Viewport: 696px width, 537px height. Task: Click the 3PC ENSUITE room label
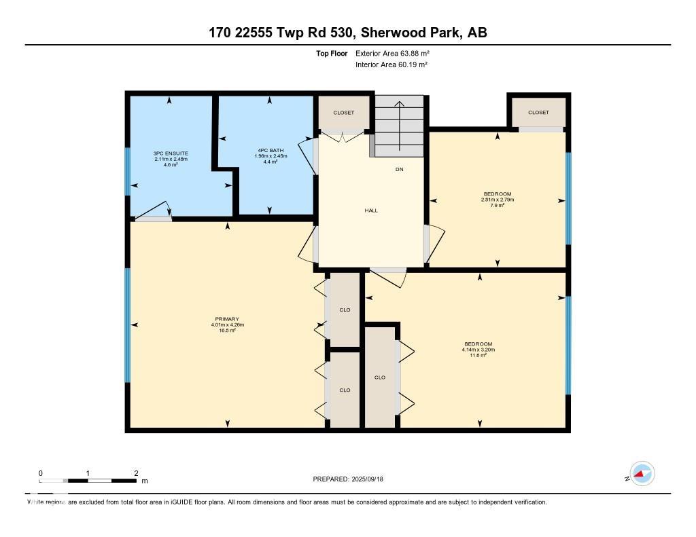171,153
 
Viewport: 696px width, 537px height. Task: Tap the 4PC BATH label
270,150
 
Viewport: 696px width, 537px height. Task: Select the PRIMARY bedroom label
227,319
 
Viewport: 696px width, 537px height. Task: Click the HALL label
371,210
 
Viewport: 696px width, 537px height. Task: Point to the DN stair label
400,170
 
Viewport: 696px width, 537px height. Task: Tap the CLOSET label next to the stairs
343,113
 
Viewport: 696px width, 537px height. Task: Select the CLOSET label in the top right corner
538,113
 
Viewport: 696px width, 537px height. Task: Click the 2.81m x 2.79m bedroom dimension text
498,200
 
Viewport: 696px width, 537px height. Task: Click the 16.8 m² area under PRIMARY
227,331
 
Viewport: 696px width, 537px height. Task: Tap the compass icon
642,474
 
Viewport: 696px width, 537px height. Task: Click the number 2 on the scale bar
137,473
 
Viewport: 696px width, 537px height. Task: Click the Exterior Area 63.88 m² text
392,53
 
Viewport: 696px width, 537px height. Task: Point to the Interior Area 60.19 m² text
391,65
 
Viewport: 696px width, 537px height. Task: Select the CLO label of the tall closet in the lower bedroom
380,377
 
